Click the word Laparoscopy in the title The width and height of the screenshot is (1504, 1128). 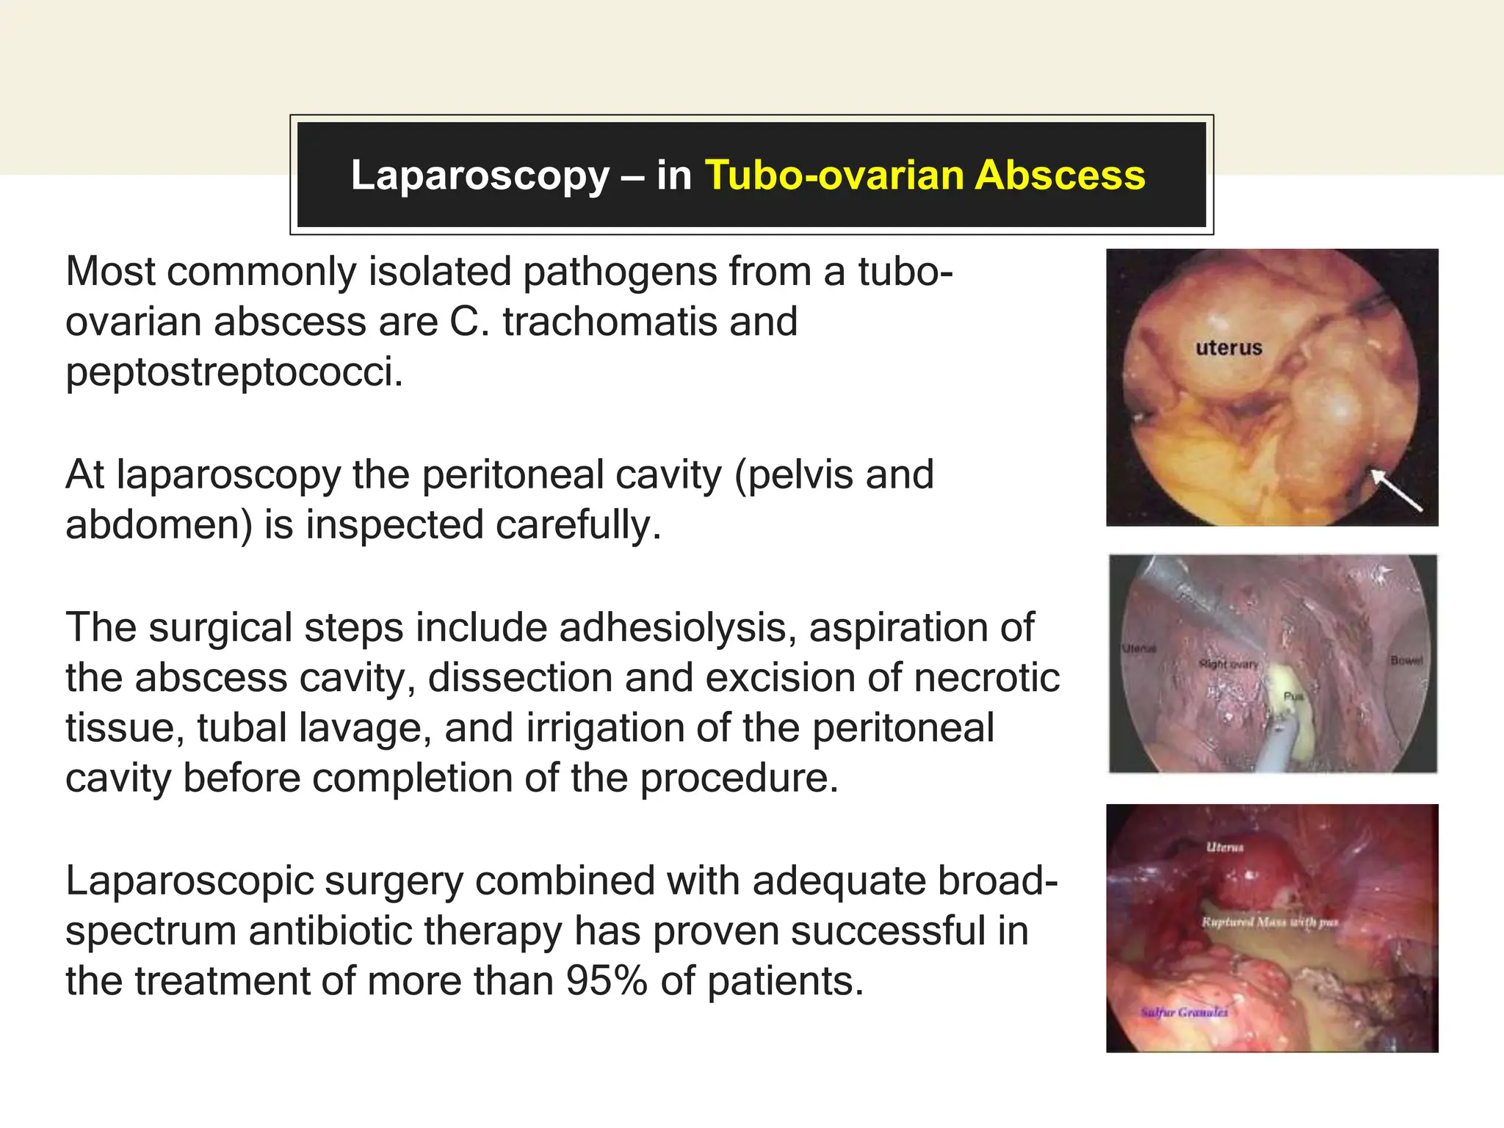pos(480,176)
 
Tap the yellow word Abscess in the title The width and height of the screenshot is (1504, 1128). pos(1060,176)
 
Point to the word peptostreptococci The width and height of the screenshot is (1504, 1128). pos(234,372)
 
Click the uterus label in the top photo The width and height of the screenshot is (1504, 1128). pos(1228,348)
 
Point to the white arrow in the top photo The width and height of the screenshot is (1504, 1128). pos(1396,490)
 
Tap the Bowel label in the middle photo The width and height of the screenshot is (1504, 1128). pos(1406,661)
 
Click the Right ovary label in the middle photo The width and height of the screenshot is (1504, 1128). pos(1229,664)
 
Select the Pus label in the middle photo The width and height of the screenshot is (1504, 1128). pos(1292,696)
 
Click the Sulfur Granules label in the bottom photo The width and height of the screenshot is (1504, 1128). pos(1183,1013)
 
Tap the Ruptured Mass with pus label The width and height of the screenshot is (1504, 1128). pos(1270,922)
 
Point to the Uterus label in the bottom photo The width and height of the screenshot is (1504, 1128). pos(1225,847)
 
